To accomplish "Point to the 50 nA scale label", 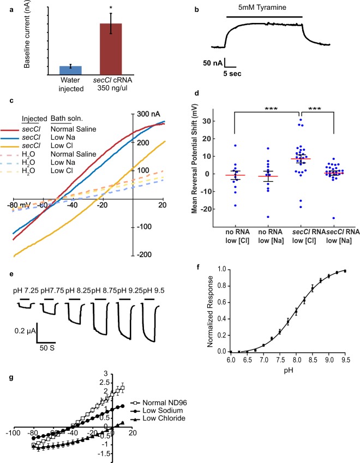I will [214, 63].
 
